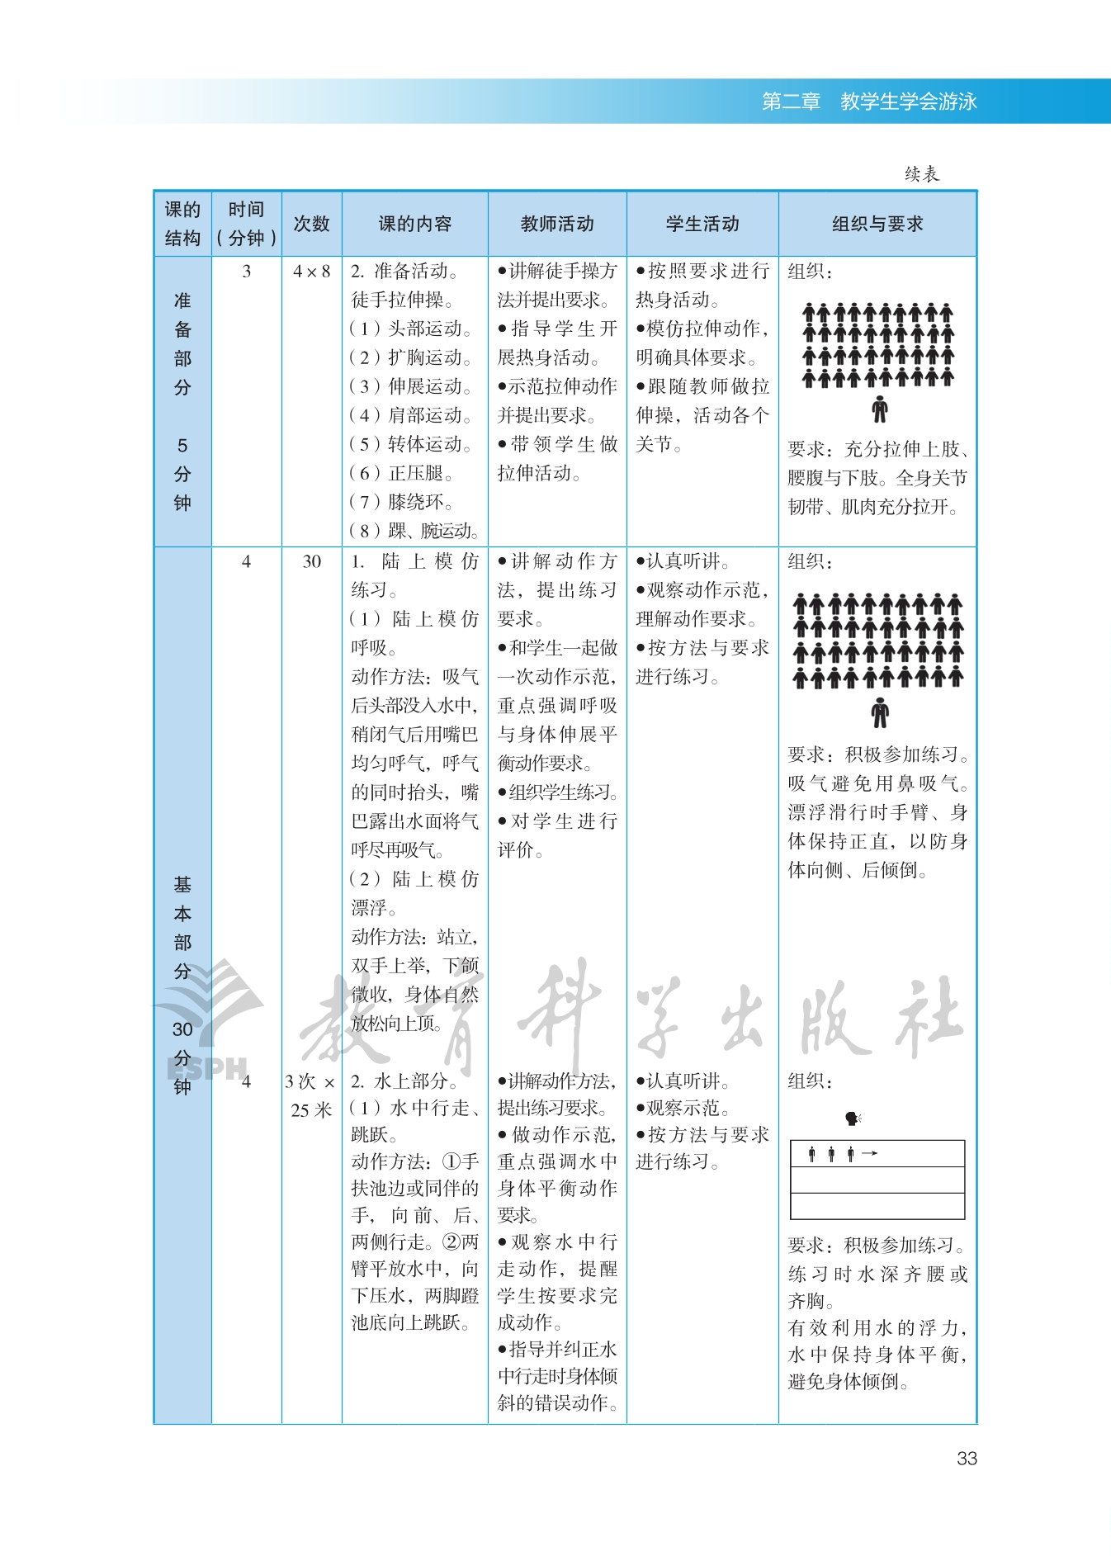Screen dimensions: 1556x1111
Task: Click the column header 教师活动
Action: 557,224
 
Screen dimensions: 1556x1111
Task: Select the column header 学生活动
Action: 702,224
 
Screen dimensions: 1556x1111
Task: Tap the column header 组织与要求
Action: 877,224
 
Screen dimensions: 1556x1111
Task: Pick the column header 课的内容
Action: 415,224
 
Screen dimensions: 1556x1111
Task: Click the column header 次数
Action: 311,224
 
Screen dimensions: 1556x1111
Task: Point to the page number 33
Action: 967,1459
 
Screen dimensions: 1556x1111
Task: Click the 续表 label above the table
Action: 921,174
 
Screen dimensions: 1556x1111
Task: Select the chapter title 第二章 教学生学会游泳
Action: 869,102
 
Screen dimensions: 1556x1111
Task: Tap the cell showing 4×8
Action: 311,272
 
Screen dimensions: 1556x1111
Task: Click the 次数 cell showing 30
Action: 311,562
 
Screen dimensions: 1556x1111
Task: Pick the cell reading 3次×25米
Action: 311,1095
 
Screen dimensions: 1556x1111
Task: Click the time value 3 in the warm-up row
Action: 246,272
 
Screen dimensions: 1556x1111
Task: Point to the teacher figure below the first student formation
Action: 879,409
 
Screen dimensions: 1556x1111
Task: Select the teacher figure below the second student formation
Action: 880,712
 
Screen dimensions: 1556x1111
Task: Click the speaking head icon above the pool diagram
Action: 853,1119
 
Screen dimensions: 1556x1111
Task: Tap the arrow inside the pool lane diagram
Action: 869,1153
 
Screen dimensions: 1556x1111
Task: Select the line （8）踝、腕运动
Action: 414,531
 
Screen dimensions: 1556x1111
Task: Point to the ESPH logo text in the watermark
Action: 207,1068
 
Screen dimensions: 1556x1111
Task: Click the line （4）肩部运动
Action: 411,415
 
